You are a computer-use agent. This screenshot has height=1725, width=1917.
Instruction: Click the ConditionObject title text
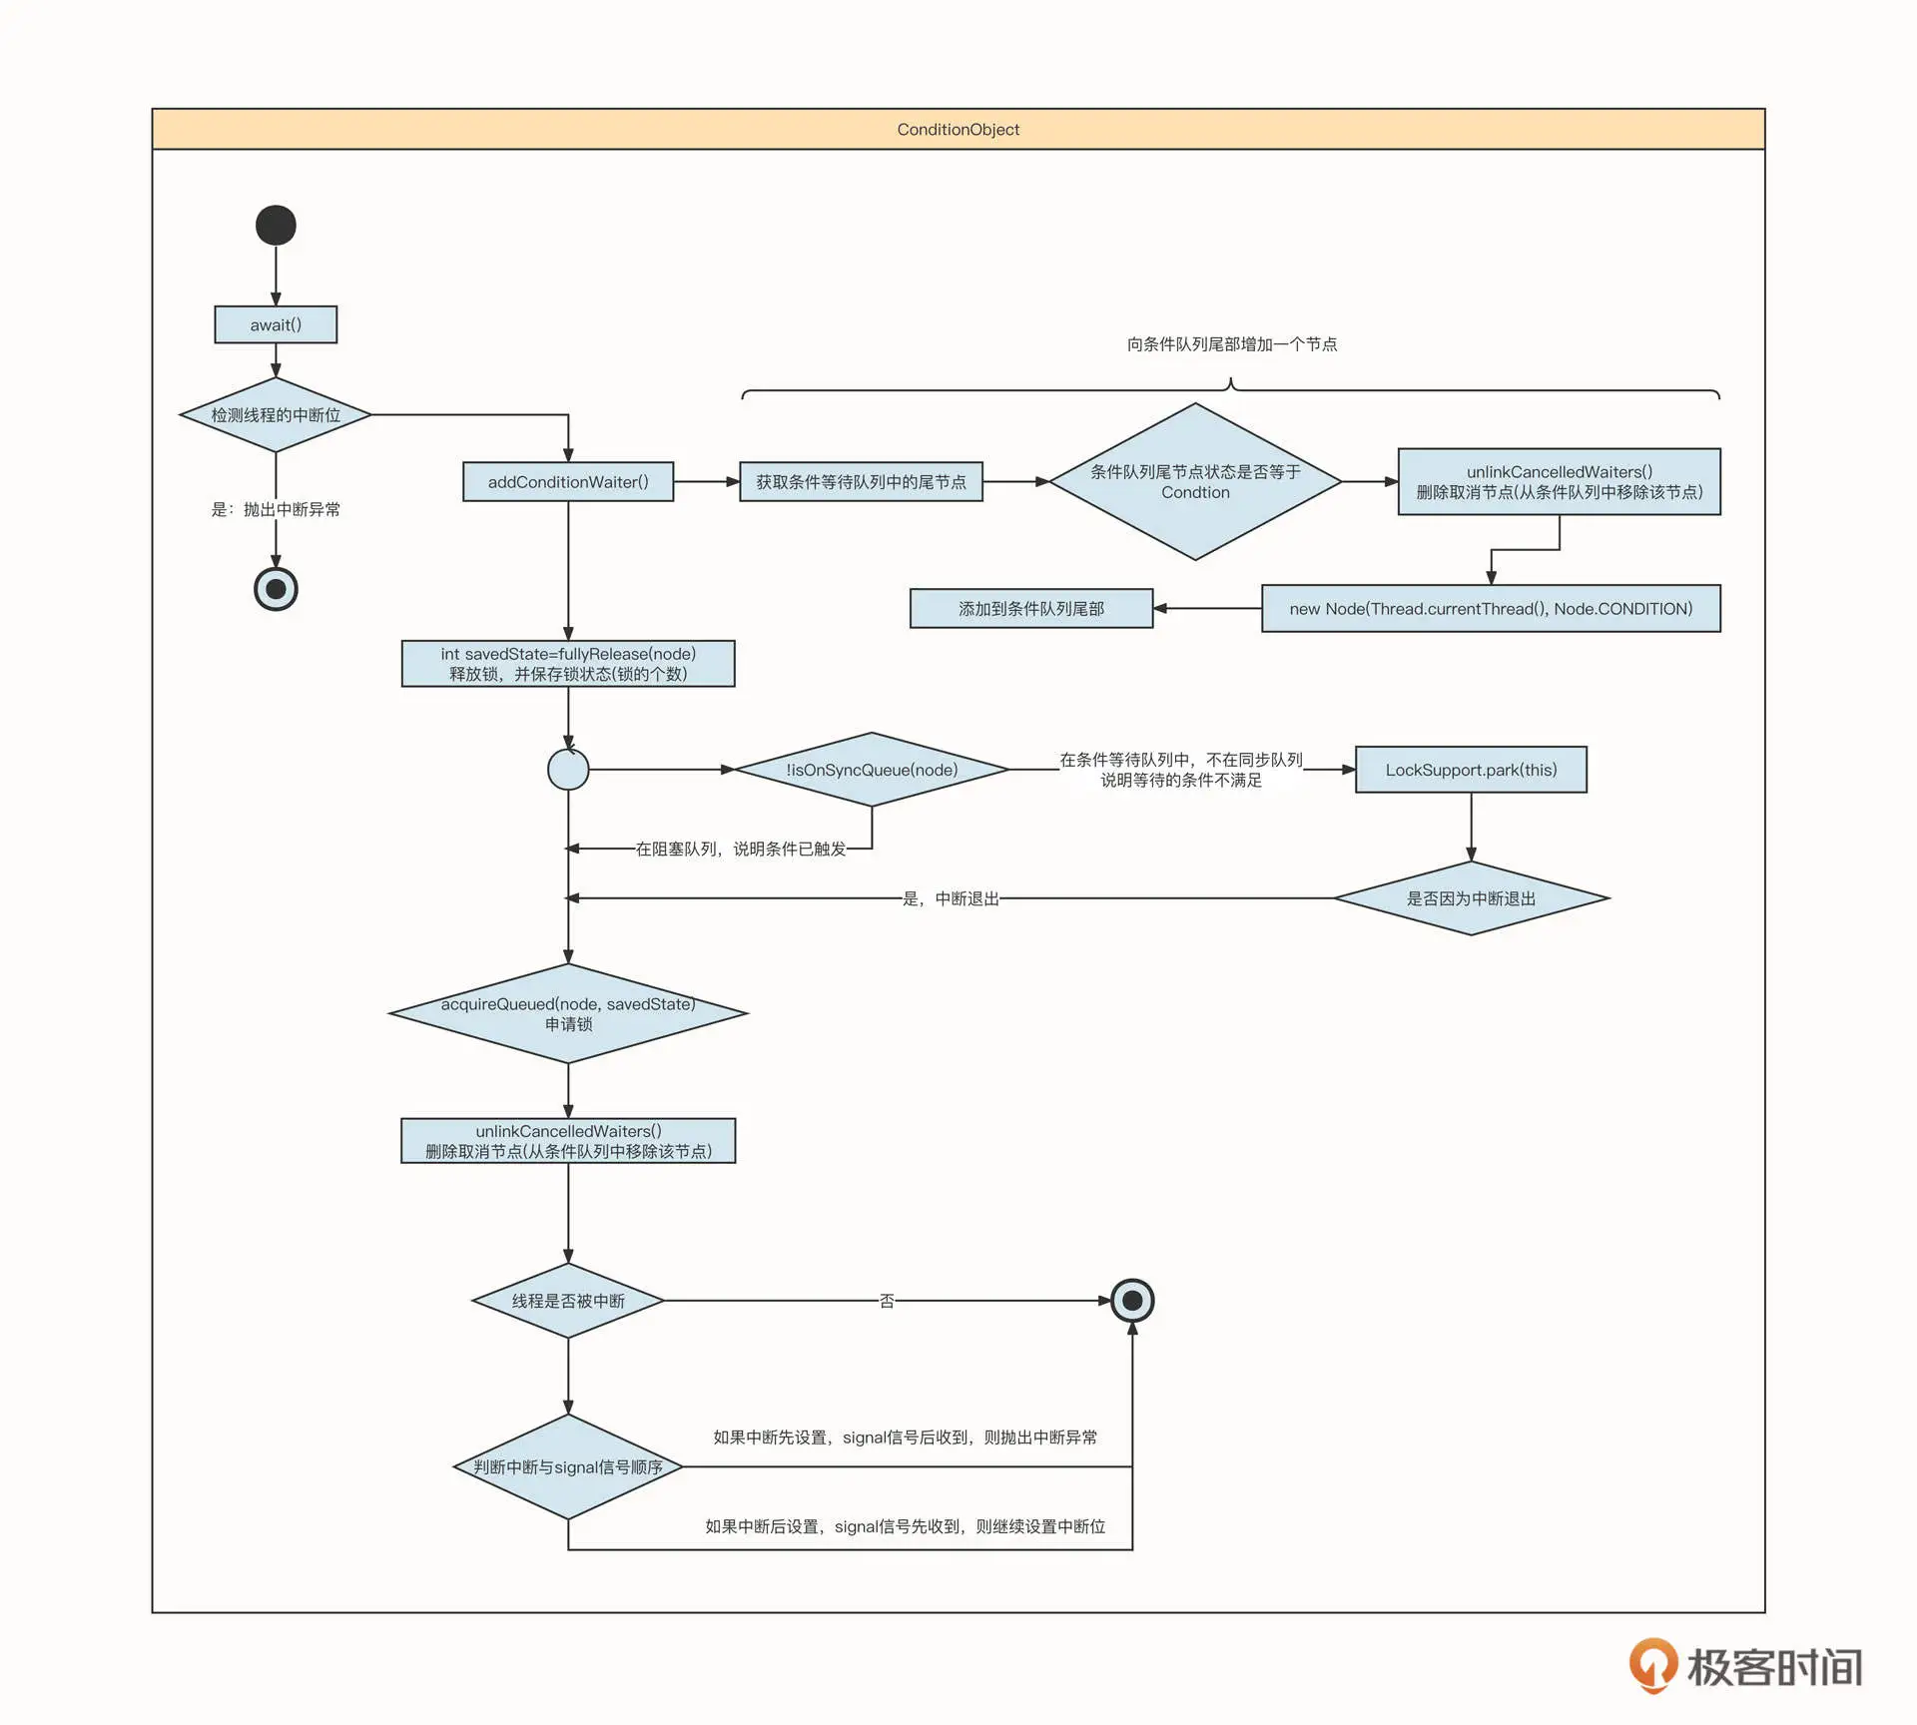(x=958, y=130)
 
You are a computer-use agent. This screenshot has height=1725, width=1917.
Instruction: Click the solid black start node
(x=276, y=225)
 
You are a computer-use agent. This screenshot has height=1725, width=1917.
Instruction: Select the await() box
(x=276, y=324)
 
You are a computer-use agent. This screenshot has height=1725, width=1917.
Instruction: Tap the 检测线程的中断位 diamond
(x=276, y=414)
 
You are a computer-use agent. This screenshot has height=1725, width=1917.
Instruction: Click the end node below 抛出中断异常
(x=276, y=589)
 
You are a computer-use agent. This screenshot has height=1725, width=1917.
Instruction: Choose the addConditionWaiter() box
(x=568, y=482)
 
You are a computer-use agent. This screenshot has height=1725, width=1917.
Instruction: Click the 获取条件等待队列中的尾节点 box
(x=861, y=482)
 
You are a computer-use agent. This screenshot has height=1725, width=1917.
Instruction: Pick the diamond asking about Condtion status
(x=1195, y=482)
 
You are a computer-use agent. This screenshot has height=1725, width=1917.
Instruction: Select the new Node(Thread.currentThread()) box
(x=1491, y=608)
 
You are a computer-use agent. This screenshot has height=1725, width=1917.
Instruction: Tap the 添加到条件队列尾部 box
(x=1031, y=608)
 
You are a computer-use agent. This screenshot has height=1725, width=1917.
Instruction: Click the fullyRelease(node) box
(x=568, y=664)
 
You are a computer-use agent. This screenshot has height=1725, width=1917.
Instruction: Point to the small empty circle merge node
(x=568, y=770)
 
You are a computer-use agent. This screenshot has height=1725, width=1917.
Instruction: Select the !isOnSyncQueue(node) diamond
(x=872, y=770)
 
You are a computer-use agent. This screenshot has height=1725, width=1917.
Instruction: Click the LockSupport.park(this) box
(x=1471, y=770)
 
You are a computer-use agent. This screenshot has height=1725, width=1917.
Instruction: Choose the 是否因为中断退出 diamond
(x=1471, y=898)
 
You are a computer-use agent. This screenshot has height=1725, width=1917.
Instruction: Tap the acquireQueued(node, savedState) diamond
(x=568, y=1013)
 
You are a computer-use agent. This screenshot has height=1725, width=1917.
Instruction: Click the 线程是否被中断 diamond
(x=568, y=1301)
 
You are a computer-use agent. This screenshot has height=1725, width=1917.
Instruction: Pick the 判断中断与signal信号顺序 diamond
(x=568, y=1466)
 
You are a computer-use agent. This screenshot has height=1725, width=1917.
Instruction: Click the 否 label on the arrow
(x=887, y=1301)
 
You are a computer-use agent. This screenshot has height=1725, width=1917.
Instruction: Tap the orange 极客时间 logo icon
(x=1652, y=1665)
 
